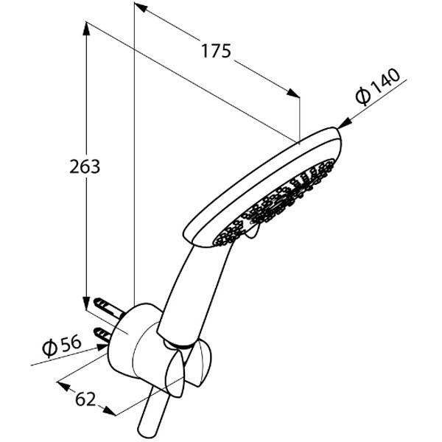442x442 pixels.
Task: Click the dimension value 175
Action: pyautogui.click(x=216, y=51)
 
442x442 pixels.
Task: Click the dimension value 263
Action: pyautogui.click(x=85, y=166)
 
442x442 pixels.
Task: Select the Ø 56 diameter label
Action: pyautogui.click(x=61, y=346)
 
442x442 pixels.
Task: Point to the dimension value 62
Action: pyautogui.click(x=85, y=399)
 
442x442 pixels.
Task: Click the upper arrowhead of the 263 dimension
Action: pyautogui.click(x=86, y=29)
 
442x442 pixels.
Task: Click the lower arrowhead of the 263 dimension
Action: pyautogui.click(x=86, y=303)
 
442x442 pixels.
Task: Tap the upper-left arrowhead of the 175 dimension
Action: pyautogui.click(x=141, y=7)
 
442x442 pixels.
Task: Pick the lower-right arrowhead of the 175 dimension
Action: pyautogui.click(x=293, y=93)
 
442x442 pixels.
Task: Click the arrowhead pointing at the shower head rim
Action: pyautogui.click(x=345, y=124)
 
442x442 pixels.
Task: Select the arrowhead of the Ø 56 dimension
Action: pyautogui.click(x=102, y=347)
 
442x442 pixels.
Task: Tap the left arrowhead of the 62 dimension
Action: pyautogui.click(x=63, y=386)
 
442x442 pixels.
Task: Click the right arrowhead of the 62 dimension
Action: pyautogui.click(x=109, y=411)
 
